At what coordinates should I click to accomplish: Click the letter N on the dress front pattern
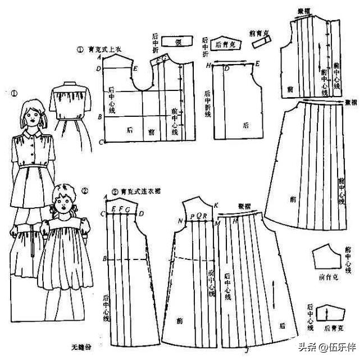click(180, 221)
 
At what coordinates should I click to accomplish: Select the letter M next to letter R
click(216, 223)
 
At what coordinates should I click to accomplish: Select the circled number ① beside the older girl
click(14, 94)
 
